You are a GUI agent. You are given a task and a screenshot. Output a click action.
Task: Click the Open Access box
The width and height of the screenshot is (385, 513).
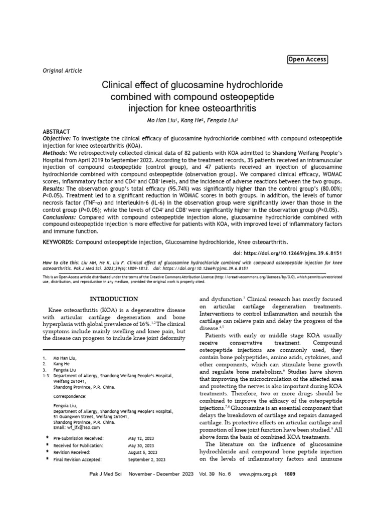click(307, 60)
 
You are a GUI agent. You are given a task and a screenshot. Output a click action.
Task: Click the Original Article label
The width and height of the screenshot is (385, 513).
click(62, 71)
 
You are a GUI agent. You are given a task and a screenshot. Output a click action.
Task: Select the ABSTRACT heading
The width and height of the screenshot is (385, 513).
click(56, 131)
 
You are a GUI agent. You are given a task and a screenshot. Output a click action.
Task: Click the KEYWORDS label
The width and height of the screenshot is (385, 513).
click(59, 241)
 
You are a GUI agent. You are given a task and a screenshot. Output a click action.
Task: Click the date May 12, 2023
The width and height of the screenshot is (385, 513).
click(141, 438)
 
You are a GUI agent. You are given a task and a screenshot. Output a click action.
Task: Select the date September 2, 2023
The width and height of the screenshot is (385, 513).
click(147, 459)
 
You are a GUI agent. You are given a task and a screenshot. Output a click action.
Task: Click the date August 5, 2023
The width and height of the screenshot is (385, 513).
click(143, 452)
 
